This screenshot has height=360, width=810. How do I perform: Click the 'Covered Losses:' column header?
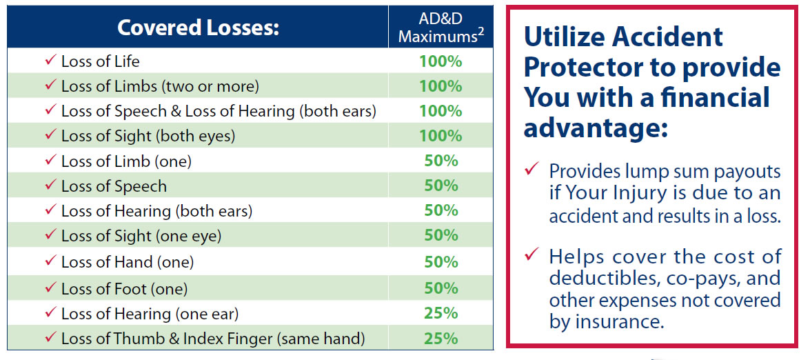pos(198,28)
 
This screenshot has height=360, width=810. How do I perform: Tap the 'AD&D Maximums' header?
pos(440,27)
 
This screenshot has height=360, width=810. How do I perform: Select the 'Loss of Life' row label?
pos(100,61)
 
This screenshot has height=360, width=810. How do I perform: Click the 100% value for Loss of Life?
pos(440,61)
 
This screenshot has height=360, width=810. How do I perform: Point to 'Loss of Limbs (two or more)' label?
pos(160,86)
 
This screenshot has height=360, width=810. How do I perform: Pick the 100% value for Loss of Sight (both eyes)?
pos(440,136)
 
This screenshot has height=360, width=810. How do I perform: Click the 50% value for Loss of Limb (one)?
pos(441,161)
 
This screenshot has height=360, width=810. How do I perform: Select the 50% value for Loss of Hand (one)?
pos(441,262)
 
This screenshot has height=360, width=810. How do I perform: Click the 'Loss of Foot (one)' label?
pos(125,288)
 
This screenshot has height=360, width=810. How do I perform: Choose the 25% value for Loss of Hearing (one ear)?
pos(441,312)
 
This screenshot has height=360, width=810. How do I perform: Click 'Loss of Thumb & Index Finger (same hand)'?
pos(213,339)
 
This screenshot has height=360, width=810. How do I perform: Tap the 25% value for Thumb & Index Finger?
pos(441,339)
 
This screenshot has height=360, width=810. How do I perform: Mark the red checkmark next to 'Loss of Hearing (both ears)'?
pos(50,209)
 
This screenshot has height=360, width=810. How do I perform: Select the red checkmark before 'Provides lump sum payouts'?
pos(531,169)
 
